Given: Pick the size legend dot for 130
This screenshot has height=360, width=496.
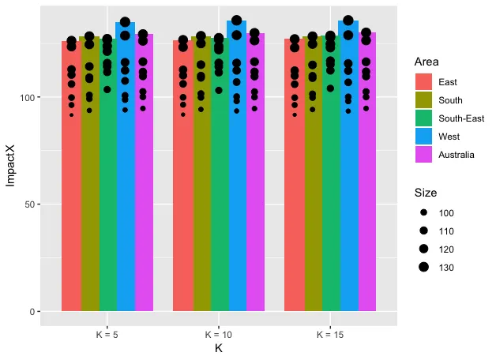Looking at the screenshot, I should (x=423, y=268).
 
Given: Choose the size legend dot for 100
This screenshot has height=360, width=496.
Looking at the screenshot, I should (x=423, y=213).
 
